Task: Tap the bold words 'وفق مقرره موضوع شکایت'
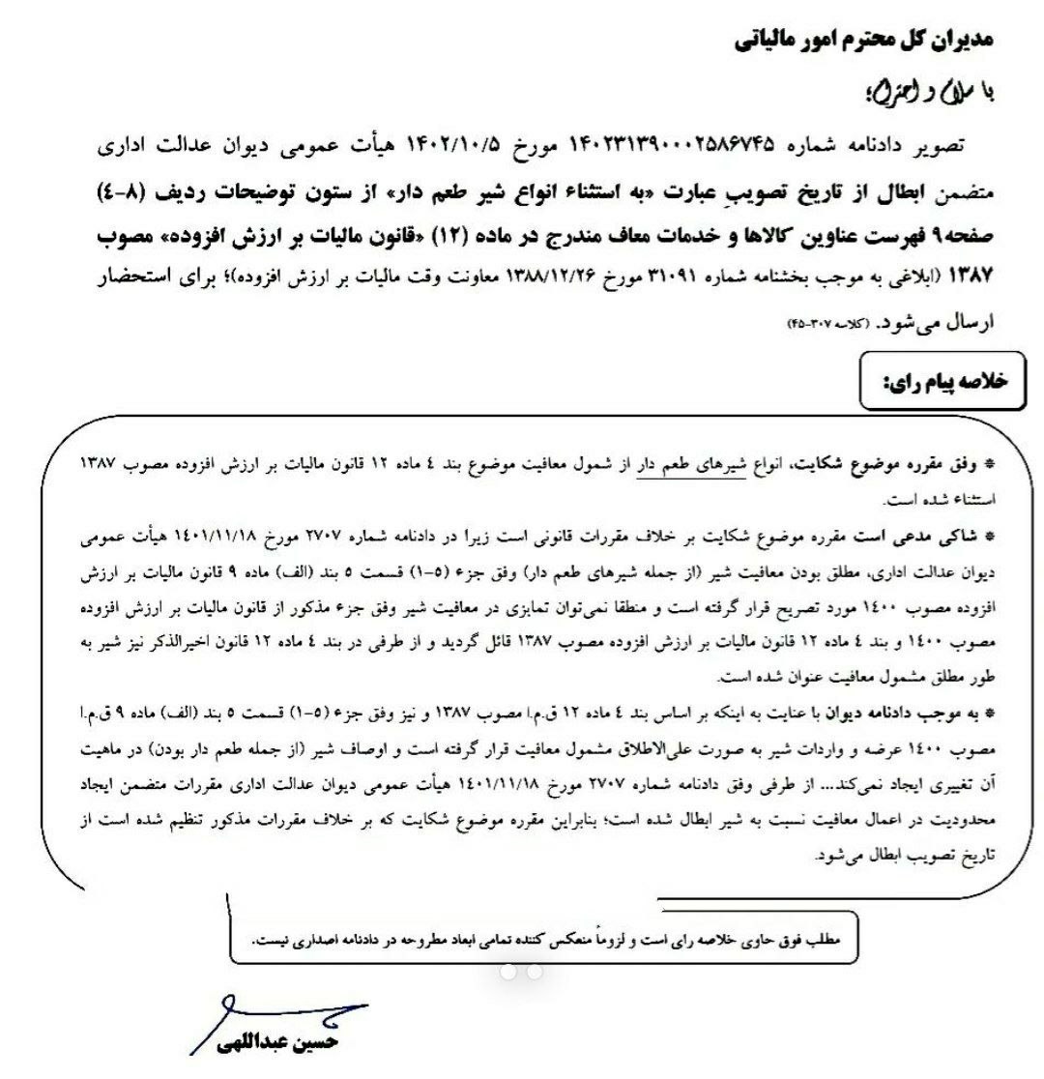pos(899,465)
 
